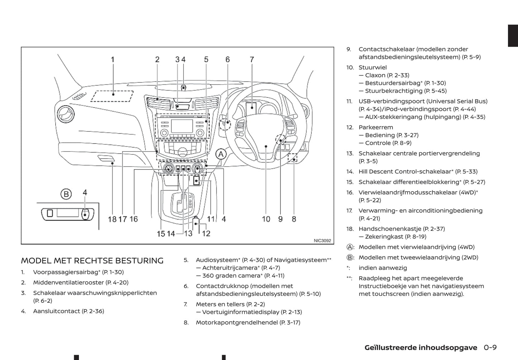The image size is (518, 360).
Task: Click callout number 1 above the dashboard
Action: pos(113,59)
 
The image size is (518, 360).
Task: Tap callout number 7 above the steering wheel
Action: pos(252,59)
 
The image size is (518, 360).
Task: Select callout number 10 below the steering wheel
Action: pos(266,219)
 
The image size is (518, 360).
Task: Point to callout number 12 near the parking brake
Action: pos(206,233)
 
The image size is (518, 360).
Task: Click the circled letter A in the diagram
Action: pos(221,154)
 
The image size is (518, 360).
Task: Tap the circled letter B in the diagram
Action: pos(66,194)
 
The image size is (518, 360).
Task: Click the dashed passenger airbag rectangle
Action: pos(112,96)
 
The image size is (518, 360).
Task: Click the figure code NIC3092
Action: pos(322,241)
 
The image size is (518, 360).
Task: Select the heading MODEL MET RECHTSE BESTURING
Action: pos(92,261)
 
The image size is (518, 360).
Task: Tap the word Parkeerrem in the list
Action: pos(376,127)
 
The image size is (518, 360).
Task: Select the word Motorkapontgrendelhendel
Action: pos(237,322)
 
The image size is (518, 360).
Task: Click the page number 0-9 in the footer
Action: pos(490,347)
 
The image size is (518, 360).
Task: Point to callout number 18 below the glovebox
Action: pos(112,219)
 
